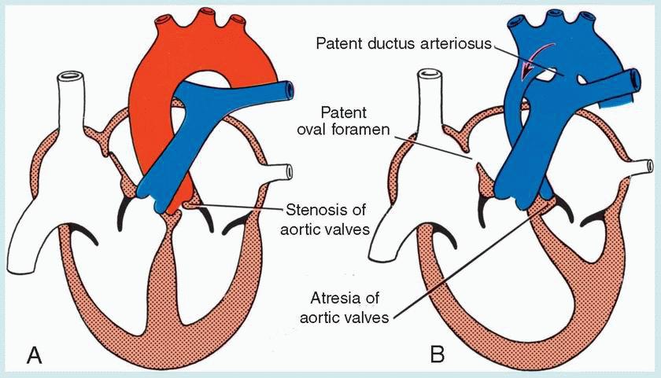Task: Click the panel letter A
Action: [x=34, y=355]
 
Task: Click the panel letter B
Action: [x=437, y=355]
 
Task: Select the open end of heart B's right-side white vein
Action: [x=650, y=167]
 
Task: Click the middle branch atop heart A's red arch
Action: [x=186, y=14]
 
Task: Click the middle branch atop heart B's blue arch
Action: [x=543, y=14]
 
